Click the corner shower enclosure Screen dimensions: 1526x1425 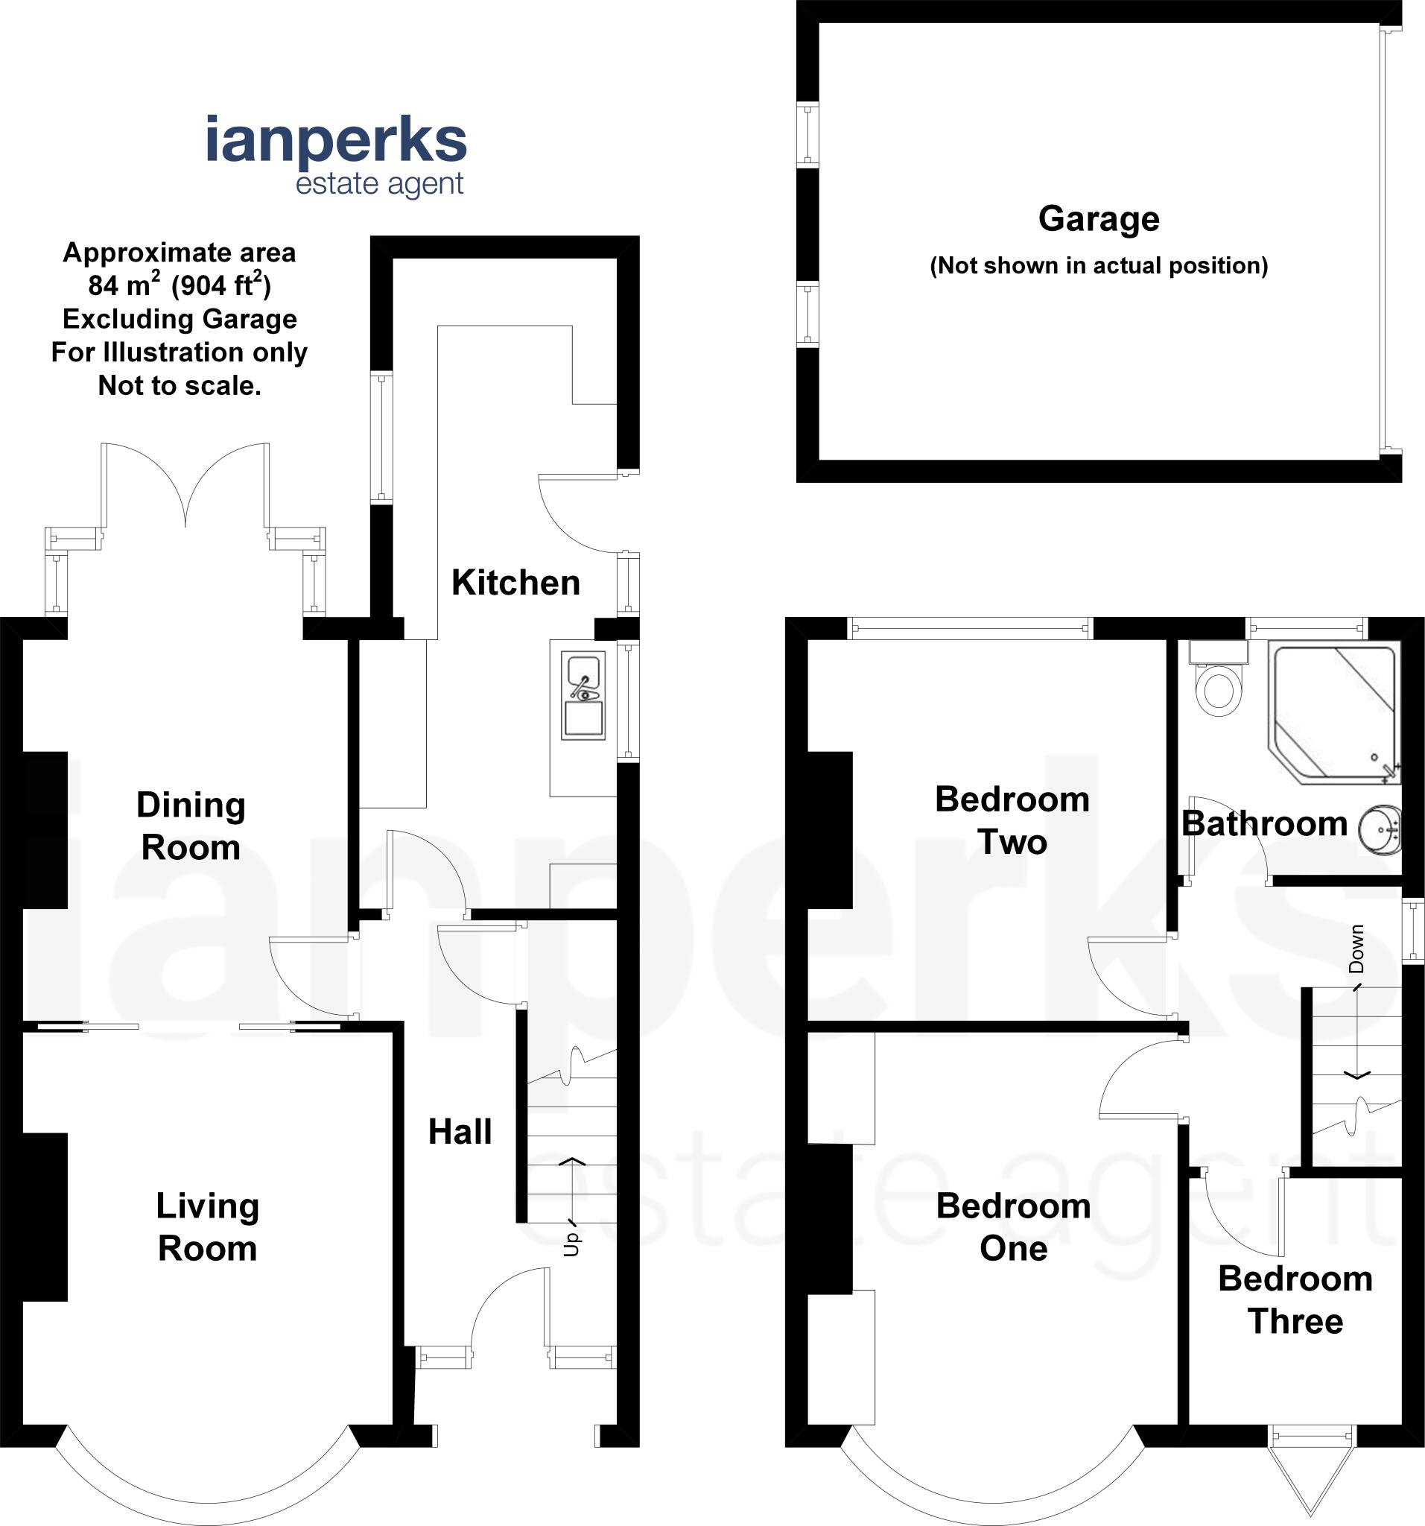pyautogui.click(x=1333, y=714)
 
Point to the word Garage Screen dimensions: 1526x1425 pyautogui.click(x=1098, y=220)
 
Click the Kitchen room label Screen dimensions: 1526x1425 pyautogui.click(x=515, y=583)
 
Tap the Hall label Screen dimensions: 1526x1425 pyautogui.click(x=460, y=1133)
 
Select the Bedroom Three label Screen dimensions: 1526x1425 pyautogui.click(x=1295, y=1299)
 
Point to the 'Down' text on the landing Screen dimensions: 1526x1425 pyautogui.click(x=1356, y=949)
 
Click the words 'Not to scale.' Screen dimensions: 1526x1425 pyautogui.click(x=180, y=385)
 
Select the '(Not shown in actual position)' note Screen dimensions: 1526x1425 pyautogui.click(x=1098, y=265)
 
